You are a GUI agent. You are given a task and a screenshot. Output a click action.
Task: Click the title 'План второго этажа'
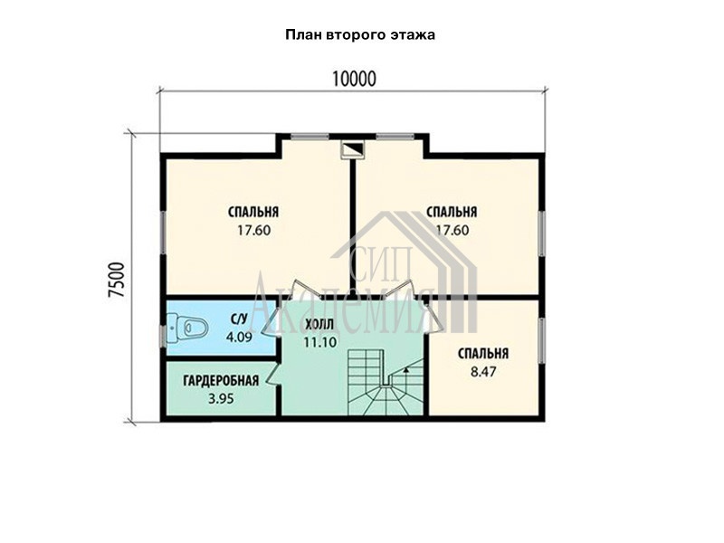tap(360, 35)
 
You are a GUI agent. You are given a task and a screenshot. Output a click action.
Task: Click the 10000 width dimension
tap(354, 80)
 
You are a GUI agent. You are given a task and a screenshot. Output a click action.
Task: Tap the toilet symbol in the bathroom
tap(187, 329)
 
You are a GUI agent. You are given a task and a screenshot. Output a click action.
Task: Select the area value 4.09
tap(239, 337)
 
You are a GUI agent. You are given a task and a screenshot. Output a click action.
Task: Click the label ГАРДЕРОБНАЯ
tap(221, 381)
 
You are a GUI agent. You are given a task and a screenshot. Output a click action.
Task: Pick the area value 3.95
tap(221, 398)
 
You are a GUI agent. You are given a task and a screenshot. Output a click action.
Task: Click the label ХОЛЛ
tap(319, 325)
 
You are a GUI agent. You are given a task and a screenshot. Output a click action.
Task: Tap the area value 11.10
tap(320, 342)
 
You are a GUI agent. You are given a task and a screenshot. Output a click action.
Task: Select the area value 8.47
tap(483, 372)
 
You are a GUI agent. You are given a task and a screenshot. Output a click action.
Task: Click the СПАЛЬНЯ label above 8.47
tap(483, 354)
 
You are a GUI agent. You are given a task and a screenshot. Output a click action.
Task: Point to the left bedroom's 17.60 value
tap(254, 230)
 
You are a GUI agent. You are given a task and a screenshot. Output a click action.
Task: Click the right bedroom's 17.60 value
tap(452, 230)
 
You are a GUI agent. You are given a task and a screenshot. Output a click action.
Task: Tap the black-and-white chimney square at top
tap(353, 149)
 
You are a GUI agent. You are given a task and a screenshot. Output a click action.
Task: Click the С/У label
tap(239, 319)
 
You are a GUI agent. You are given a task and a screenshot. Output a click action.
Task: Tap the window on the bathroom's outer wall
tap(162, 336)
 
